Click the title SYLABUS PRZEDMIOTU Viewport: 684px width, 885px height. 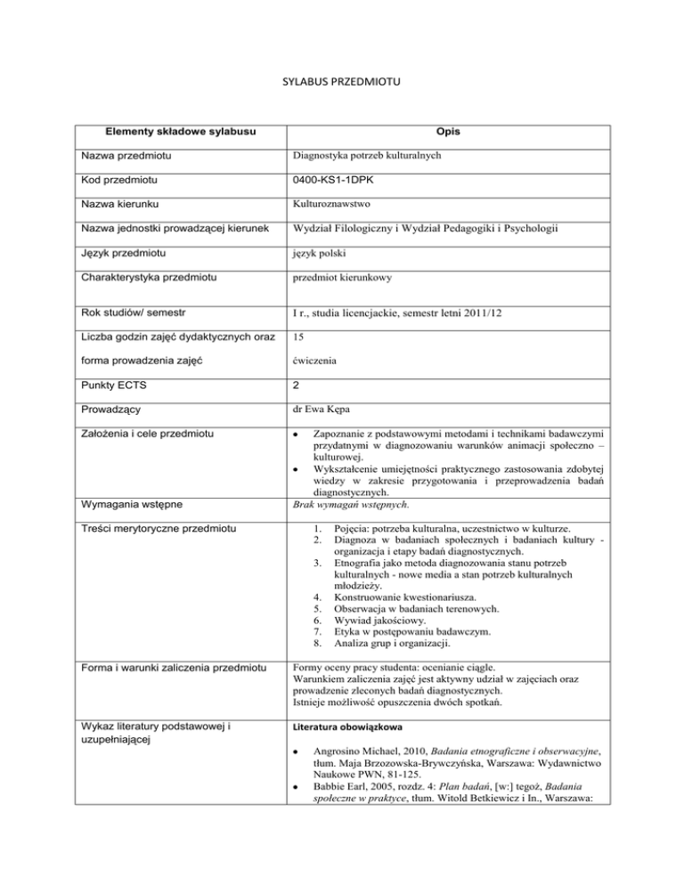coord(342,84)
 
